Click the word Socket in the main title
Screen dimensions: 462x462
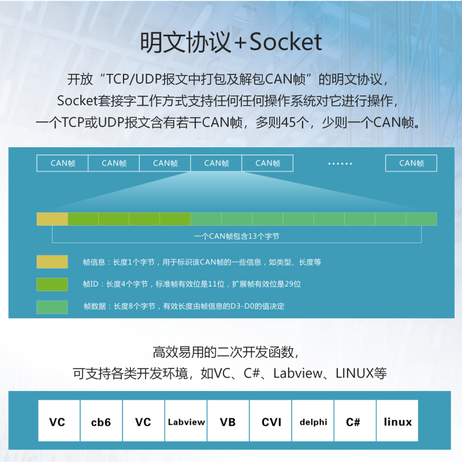click(285, 42)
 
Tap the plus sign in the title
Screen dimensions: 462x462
click(241, 43)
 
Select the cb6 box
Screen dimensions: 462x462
click(101, 420)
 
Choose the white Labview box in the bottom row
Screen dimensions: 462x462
click(186, 420)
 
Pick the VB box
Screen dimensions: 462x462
click(228, 420)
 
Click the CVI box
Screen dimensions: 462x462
click(270, 420)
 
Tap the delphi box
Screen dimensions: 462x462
click(313, 420)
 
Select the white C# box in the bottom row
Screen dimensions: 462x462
click(355, 420)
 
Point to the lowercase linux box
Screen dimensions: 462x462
click(397, 420)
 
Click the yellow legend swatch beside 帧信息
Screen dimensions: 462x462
click(52, 262)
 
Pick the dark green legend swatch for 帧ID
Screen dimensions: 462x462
click(52, 284)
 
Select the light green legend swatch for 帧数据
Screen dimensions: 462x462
click(52, 307)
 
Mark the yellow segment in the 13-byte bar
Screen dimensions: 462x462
click(52, 219)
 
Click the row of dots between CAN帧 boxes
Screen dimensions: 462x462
click(340, 163)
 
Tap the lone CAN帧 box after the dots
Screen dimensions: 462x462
click(411, 163)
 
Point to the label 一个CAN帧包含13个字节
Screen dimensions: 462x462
click(236, 236)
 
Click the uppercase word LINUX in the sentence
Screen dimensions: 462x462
click(355, 373)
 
